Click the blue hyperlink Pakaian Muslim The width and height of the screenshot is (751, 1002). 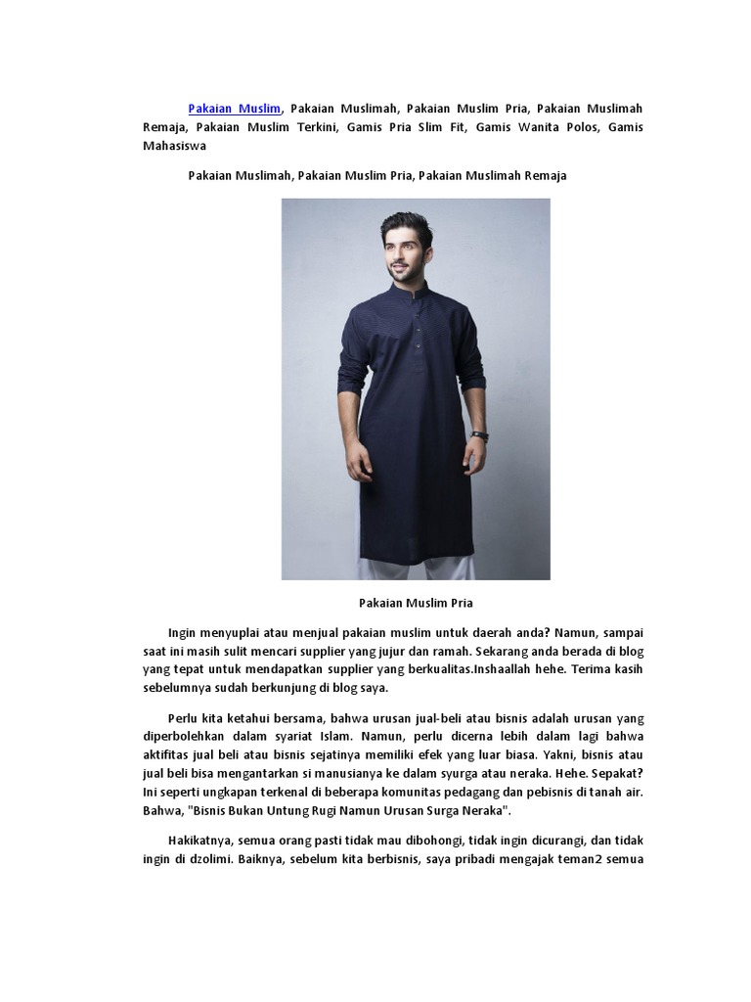(x=235, y=109)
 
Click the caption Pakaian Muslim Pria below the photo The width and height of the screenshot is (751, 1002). (x=416, y=603)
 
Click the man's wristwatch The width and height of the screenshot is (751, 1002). (x=479, y=435)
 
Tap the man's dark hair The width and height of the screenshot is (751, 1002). (x=406, y=224)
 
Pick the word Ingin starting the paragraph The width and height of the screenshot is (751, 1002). (x=184, y=632)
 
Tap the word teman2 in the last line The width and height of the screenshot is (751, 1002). (x=583, y=859)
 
